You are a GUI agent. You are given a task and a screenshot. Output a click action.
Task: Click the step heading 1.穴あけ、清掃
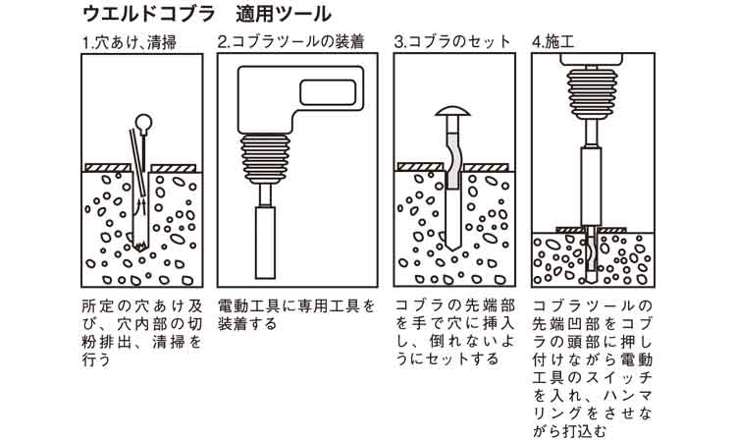click(128, 42)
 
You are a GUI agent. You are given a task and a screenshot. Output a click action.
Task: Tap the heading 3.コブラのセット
click(452, 42)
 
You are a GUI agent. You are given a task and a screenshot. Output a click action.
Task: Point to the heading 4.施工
click(559, 42)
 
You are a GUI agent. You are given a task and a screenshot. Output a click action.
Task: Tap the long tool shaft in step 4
click(591, 187)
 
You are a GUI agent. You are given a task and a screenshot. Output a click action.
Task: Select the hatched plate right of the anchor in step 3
click(486, 168)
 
